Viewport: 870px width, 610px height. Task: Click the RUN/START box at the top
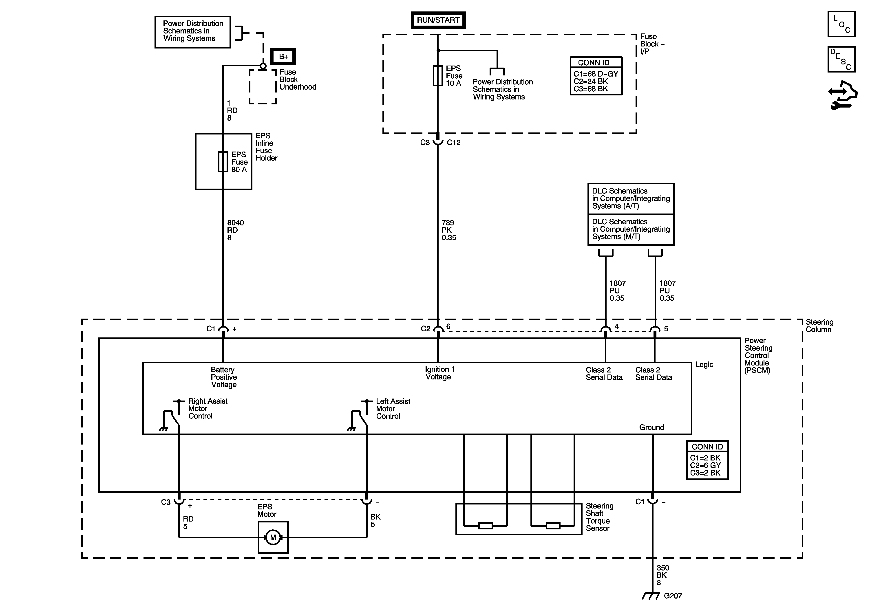click(x=438, y=20)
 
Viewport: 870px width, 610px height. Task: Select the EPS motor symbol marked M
click(x=273, y=537)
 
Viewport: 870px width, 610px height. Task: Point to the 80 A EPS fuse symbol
click(x=223, y=162)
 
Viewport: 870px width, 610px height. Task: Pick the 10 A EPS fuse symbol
click(x=438, y=76)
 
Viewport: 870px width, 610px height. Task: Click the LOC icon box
click(x=841, y=24)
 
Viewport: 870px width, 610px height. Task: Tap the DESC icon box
click(x=841, y=59)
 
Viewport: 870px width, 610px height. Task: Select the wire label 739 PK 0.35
click(x=449, y=230)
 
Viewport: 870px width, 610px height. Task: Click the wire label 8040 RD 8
click(x=235, y=230)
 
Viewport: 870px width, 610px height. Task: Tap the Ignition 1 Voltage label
click(x=439, y=373)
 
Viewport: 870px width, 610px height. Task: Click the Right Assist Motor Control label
click(x=208, y=408)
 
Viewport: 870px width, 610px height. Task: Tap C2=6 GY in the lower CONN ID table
click(x=705, y=465)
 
